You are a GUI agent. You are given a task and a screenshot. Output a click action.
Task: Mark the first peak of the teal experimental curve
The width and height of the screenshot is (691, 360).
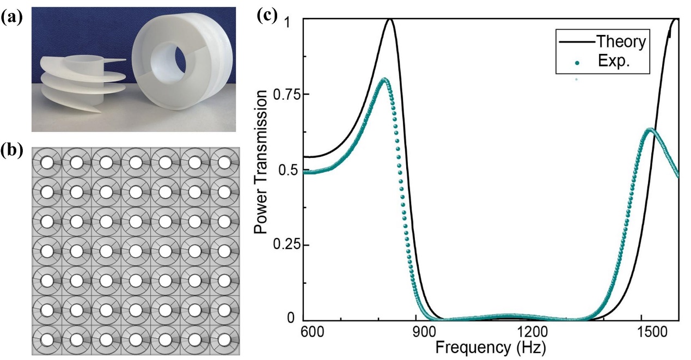click(x=384, y=79)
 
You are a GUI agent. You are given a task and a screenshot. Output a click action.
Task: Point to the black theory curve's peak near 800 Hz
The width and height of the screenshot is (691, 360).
click(x=390, y=20)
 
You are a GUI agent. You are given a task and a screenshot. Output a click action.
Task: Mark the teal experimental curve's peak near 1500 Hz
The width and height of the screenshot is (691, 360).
click(x=650, y=129)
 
